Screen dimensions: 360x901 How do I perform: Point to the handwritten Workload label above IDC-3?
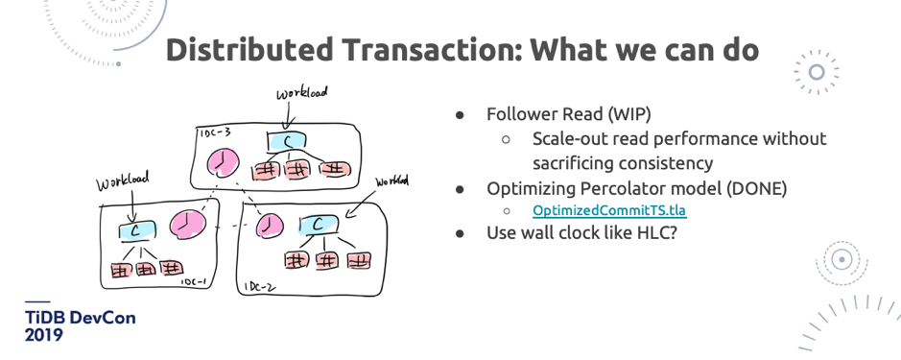coord(300,93)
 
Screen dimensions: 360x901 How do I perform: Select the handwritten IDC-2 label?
coord(259,286)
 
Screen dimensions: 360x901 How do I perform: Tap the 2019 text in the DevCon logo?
coord(44,336)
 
